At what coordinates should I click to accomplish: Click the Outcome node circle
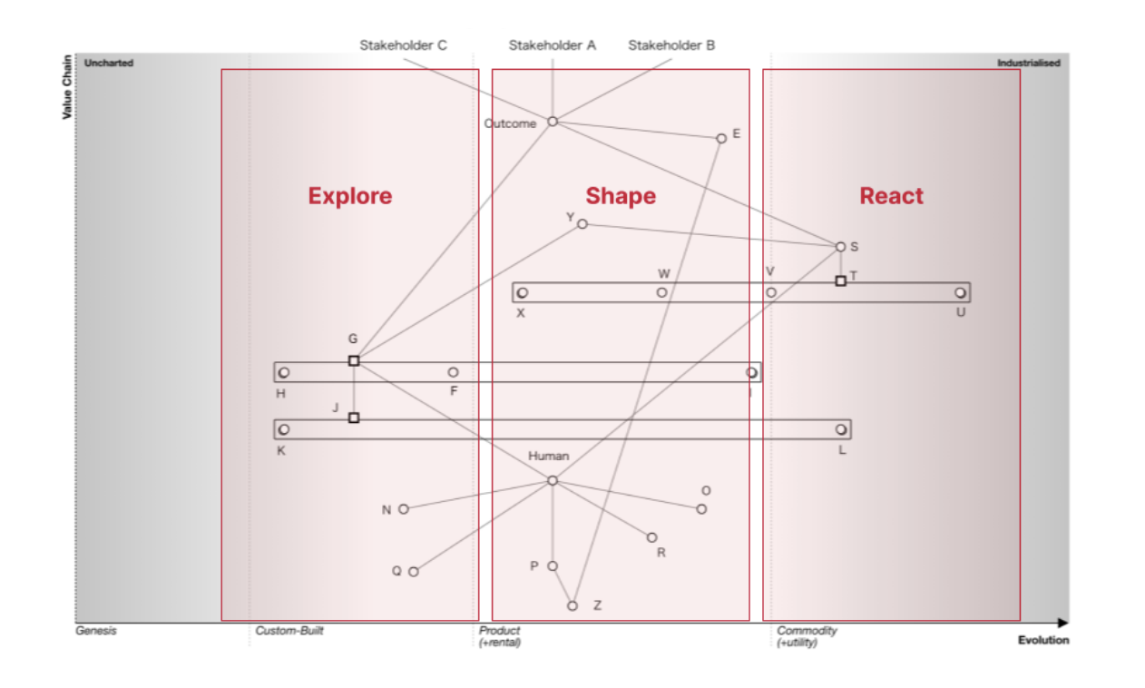point(552,122)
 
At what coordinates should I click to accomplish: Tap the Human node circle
point(552,480)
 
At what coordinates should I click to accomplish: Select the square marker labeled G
point(354,360)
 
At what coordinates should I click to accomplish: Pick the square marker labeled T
point(840,280)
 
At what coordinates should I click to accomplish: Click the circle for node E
point(721,138)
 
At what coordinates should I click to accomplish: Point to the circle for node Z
point(572,605)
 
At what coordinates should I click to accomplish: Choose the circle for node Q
point(414,572)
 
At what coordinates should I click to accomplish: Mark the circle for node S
point(840,247)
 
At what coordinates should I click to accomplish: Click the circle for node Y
point(582,224)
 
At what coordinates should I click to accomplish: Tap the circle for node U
point(960,292)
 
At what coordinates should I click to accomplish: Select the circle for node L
point(841,429)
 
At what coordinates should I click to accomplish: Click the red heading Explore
point(349,196)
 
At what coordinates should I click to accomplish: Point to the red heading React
point(891,196)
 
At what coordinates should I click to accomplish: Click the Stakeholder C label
point(403,44)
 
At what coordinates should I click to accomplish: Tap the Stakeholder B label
point(671,44)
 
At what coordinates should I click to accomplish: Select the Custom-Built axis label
point(289,631)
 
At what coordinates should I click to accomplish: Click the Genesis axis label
point(96,631)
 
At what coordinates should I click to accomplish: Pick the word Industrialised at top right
point(1028,64)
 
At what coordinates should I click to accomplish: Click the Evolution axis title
point(1042,640)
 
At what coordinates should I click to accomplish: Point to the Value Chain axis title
point(67,87)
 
